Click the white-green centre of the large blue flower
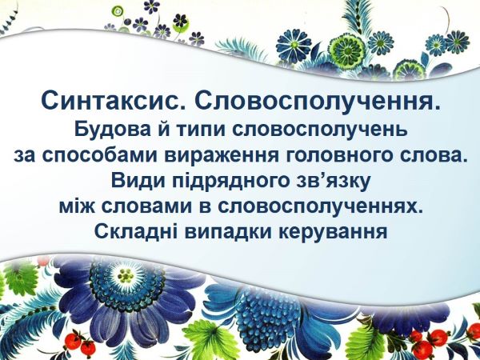pyautogui.click(x=126, y=276)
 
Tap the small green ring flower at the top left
pyautogui.click(x=118, y=12)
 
